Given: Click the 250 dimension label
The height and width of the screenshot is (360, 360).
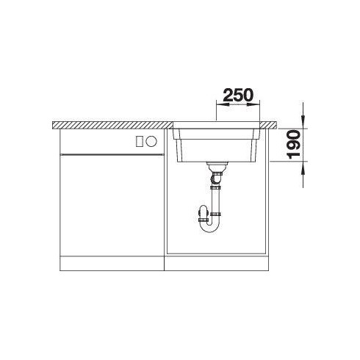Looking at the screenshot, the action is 238,95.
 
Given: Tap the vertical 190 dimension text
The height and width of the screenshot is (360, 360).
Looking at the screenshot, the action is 294,145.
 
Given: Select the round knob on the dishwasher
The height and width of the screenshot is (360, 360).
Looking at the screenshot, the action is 151,141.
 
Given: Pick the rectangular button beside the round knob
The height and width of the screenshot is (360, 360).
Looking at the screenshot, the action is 140,142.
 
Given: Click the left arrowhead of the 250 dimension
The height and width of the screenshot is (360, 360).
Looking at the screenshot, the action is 222,104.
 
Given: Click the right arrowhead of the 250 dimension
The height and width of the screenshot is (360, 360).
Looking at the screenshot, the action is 253,104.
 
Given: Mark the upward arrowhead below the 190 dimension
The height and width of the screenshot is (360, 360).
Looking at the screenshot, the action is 303,168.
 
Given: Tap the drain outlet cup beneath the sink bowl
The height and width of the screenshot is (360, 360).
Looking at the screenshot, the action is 217,167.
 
